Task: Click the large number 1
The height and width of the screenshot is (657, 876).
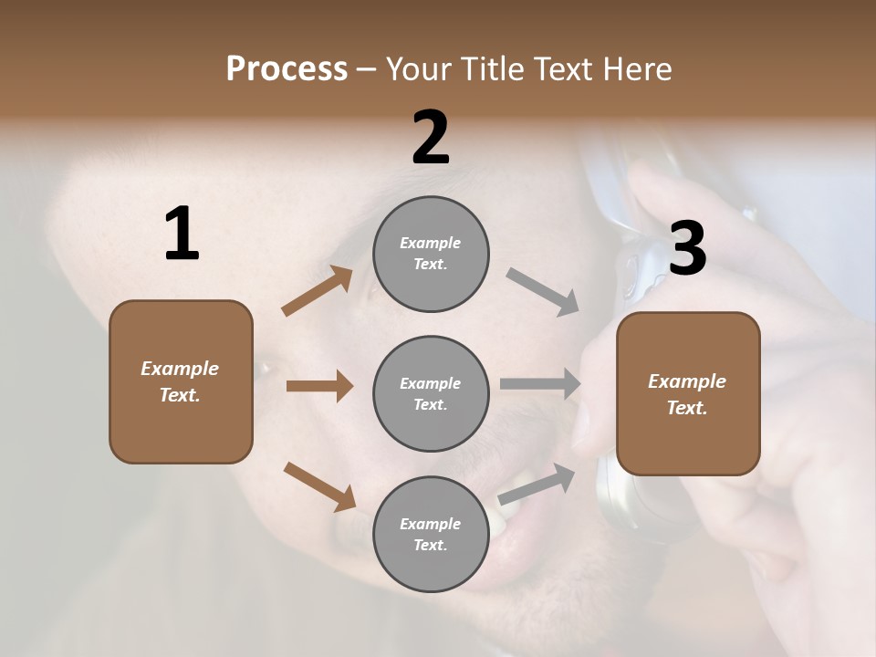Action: click(182, 235)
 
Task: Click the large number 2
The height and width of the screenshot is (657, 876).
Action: click(431, 138)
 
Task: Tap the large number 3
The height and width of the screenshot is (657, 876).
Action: click(687, 248)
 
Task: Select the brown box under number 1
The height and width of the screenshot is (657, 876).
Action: click(181, 381)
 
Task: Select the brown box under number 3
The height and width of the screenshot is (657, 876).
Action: click(688, 394)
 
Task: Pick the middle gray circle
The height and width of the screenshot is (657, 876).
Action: click(431, 394)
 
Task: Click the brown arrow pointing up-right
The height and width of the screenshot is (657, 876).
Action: click(318, 291)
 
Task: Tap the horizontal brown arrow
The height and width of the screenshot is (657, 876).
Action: click(319, 386)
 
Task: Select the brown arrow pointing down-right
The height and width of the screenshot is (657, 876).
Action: click(319, 486)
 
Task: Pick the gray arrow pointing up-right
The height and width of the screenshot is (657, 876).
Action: click(537, 485)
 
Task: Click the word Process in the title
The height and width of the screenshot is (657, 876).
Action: click(287, 68)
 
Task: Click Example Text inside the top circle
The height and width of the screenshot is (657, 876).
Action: click(431, 253)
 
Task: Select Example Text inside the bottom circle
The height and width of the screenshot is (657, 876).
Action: click(431, 534)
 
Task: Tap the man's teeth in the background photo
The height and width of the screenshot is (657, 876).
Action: click(505, 511)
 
